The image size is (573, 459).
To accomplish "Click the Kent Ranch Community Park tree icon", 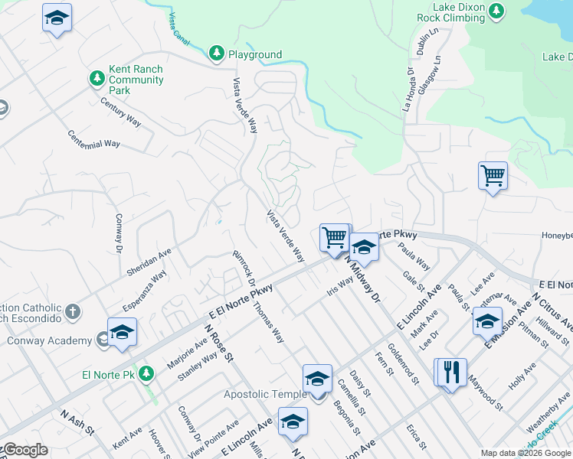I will (x=97, y=78).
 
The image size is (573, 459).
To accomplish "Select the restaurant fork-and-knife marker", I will (x=450, y=373).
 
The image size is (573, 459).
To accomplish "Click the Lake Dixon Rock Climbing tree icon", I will (x=497, y=11).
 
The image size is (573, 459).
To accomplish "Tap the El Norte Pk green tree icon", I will (x=149, y=374).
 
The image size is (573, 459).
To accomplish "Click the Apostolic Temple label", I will (x=264, y=395).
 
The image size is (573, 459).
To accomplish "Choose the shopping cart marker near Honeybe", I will (x=493, y=175).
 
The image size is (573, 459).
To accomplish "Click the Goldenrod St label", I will (x=404, y=364).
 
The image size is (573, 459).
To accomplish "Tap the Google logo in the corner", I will (x=25, y=450).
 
